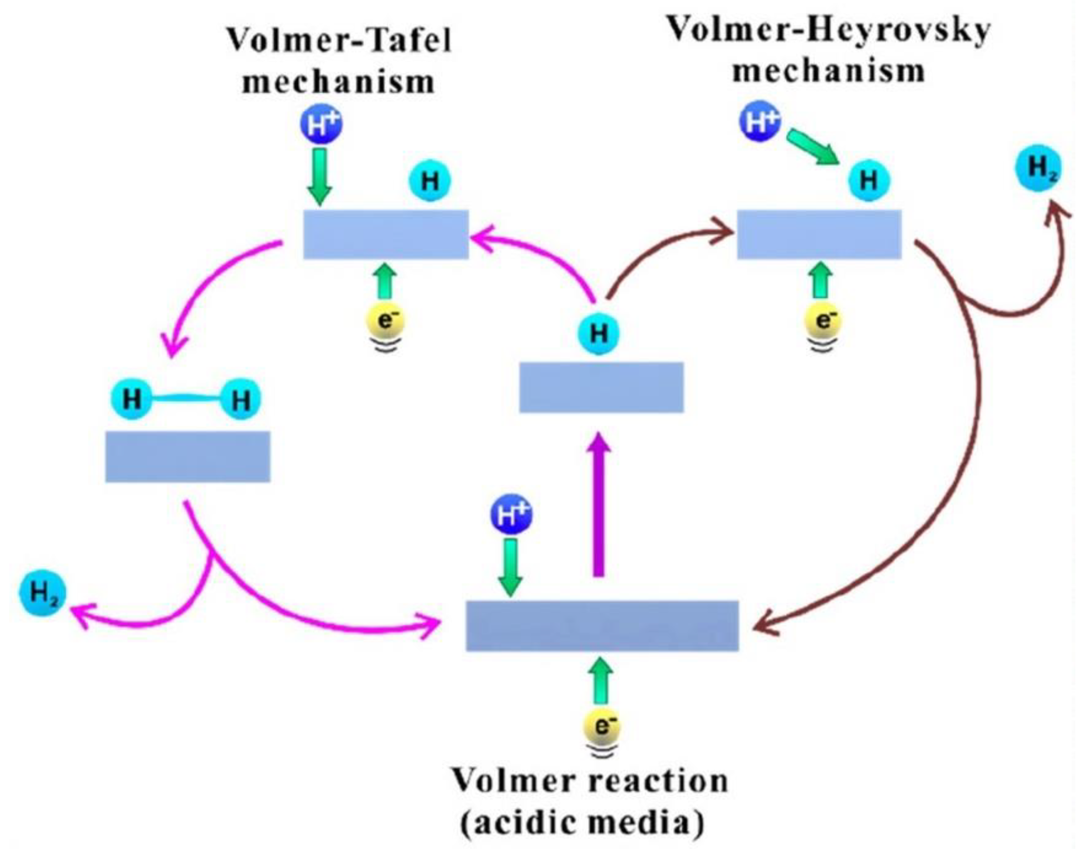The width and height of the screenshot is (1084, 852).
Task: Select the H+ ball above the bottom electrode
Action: pyautogui.click(x=512, y=514)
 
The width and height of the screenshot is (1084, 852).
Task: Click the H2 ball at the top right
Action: pyautogui.click(x=1039, y=168)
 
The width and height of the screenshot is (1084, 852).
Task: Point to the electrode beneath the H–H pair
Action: pyautogui.click(x=187, y=456)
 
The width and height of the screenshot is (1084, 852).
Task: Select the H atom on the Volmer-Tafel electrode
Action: pyautogui.click(x=429, y=182)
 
